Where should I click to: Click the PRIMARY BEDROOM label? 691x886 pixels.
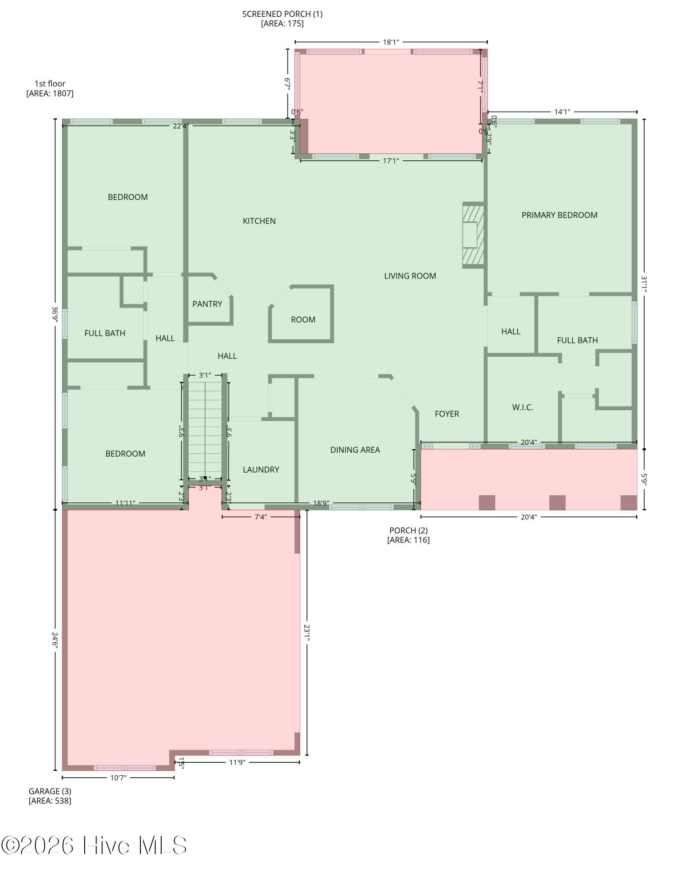(x=559, y=215)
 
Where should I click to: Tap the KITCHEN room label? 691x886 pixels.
(x=259, y=221)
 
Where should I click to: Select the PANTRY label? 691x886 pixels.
(x=207, y=304)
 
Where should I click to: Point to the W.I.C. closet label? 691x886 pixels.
(x=523, y=408)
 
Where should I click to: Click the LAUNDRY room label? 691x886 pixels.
(x=261, y=470)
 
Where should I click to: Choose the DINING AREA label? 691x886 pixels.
(x=355, y=450)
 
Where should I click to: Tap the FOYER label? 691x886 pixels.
(x=447, y=414)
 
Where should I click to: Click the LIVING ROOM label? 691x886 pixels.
(x=410, y=276)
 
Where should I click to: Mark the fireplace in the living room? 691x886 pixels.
(x=473, y=235)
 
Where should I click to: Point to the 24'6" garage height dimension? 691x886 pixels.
(x=55, y=640)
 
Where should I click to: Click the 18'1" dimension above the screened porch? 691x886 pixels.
(x=391, y=43)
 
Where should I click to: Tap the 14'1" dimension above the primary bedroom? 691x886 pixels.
(x=562, y=112)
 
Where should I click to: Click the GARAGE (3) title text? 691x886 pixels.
(x=50, y=791)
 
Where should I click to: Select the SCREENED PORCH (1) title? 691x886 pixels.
(x=282, y=14)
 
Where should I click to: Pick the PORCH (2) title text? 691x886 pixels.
(x=408, y=530)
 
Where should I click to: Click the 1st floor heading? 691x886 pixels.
(x=50, y=84)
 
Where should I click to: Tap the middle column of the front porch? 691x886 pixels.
(x=557, y=502)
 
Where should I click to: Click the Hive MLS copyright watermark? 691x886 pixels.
(x=94, y=845)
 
